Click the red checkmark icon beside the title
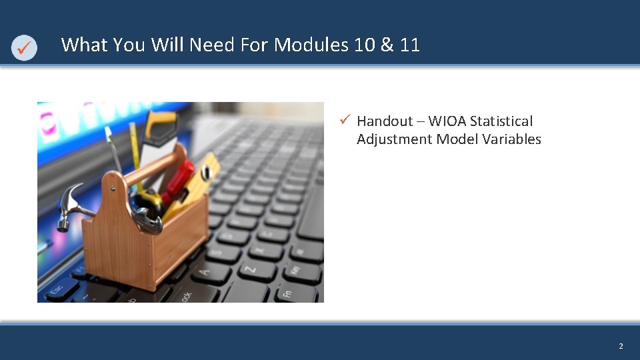pyautogui.click(x=24, y=47)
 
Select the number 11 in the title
pyautogui.click(x=410, y=45)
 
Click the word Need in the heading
pyautogui.click(x=209, y=45)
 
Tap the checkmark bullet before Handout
pyautogui.click(x=345, y=120)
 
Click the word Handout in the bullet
pyautogui.click(x=385, y=121)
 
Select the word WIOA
pyautogui.click(x=447, y=121)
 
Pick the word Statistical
pyautogui.click(x=501, y=121)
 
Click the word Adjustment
pyautogui.click(x=394, y=139)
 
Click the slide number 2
pyautogui.click(x=621, y=346)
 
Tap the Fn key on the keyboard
pyautogui.click(x=288, y=293)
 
